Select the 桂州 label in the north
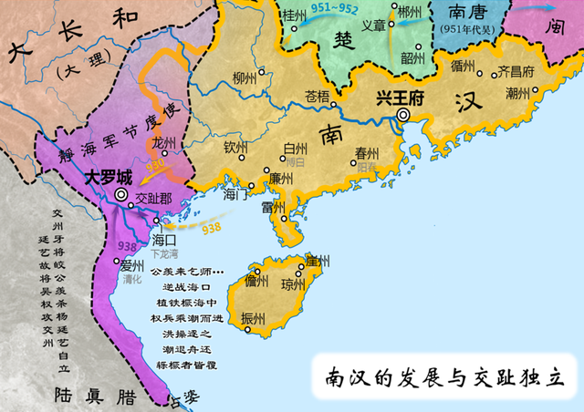point(295,15)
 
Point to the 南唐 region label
point(473,12)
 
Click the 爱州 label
point(132,265)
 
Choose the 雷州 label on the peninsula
point(274,208)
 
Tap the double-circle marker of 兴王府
point(403,115)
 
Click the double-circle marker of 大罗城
point(120,194)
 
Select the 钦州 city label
point(235,146)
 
